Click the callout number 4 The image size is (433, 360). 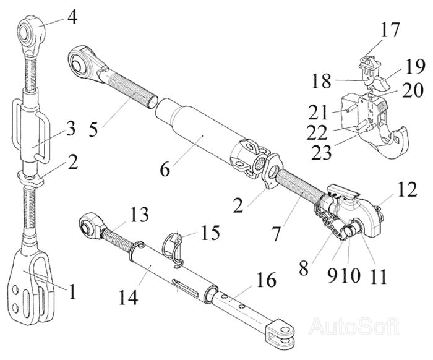72,17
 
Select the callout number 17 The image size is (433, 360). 390,30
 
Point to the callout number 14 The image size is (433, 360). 129,297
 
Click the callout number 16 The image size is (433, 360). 267,280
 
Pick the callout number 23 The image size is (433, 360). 322,153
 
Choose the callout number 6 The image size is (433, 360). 165,169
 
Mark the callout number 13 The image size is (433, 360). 139,215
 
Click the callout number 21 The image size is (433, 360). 317,113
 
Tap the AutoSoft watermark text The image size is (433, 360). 354,327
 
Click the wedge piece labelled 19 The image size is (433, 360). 384,82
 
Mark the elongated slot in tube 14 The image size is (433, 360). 186,286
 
